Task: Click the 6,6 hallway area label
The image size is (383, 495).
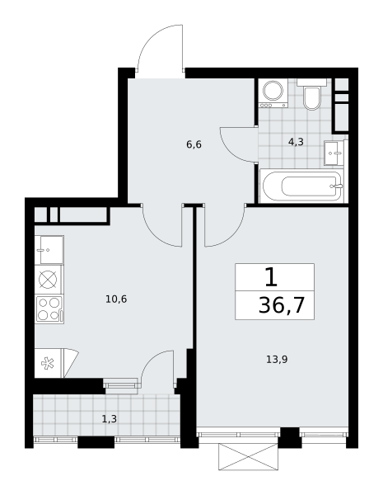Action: pyautogui.click(x=194, y=144)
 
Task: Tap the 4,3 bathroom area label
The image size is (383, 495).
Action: pyautogui.click(x=296, y=142)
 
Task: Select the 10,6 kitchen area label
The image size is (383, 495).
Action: pyautogui.click(x=116, y=299)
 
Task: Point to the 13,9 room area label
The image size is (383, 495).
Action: pyautogui.click(x=277, y=359)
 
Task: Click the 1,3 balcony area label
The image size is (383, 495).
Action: pyautogui.click(x=109, y=419)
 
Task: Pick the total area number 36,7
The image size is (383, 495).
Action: pyautogui.click(x=282, y=305)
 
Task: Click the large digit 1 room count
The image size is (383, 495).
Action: pyautogui.click(x=271, y=277)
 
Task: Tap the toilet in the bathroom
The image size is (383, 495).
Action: pyautogui.click(x=312, y=94)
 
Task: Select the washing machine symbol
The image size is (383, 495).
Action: pyautogui.click(x=273, y=92)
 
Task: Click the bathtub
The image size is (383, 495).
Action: pyautogui.click(x=301, y=186)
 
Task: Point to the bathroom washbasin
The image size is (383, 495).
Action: pyautogui.click(x=334, y=153)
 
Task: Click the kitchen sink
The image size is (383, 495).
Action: pyautogui.click(x=49, y=250)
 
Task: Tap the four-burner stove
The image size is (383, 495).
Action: pyautogui.click(x=49, y=309)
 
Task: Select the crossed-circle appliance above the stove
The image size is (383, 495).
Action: pyautogui.click(x=48, y=280)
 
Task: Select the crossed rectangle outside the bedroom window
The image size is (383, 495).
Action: pyautogui.click(x=249, y=457)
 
